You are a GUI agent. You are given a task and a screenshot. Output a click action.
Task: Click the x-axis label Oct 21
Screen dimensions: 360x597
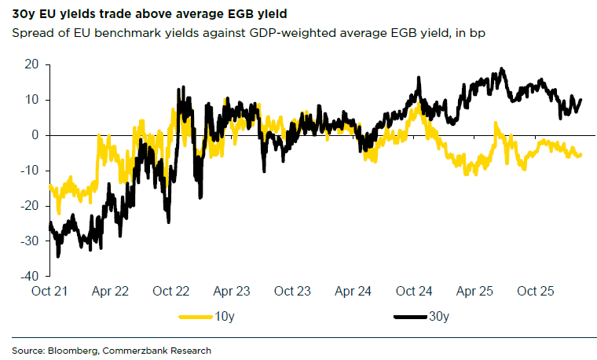[x=49, y=292]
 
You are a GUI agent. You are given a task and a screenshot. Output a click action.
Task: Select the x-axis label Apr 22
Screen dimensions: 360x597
[x=111, y=292]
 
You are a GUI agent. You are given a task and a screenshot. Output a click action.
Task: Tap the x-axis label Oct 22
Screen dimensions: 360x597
[x=171, y=292]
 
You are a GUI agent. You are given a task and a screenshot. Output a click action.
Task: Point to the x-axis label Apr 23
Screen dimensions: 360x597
[x=233, y=292]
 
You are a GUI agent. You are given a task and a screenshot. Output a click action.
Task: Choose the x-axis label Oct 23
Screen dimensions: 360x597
[x=293, y=292]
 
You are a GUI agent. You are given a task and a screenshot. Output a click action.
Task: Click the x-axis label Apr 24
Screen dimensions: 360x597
[x=354, y=292]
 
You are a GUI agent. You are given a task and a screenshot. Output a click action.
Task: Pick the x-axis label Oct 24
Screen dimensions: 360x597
[x=415, y=292]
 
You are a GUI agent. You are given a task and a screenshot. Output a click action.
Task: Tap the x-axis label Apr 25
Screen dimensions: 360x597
[x=476, y=292]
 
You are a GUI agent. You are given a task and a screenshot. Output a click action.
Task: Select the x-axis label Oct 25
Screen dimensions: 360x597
[x=537, y=292]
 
